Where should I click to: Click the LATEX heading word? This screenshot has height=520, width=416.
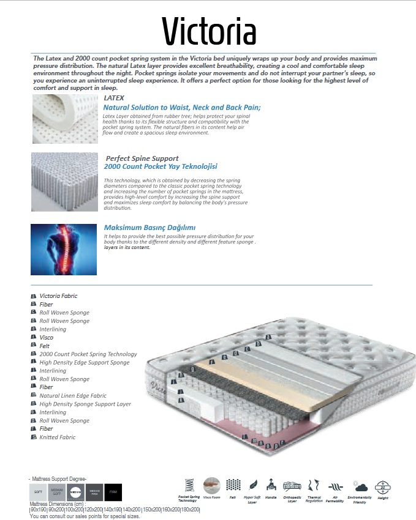114,98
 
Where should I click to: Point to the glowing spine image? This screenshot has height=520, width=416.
64,249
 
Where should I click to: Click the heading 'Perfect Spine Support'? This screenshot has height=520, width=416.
142,158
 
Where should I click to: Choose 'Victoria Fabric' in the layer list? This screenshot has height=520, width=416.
58,296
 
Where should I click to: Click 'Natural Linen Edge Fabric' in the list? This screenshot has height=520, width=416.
73,396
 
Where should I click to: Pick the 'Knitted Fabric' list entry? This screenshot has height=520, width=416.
58,437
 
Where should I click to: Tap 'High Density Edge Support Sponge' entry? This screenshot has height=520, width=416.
85,363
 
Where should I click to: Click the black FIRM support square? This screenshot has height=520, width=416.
113,492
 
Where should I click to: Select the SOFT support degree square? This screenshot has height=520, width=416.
38,492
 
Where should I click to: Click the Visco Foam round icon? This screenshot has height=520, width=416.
211,486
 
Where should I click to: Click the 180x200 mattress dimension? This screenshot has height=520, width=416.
191,509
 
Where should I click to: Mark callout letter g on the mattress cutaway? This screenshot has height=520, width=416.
192,369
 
